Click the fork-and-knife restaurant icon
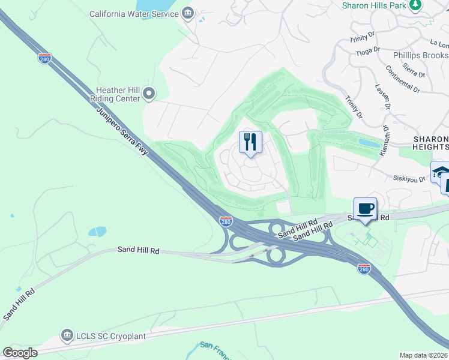pos(250,142)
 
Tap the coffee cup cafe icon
pos(365,209)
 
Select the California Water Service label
pos(133,13)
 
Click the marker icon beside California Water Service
pos(188,13)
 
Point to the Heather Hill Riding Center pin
pos(149,94)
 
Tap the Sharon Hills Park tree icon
pos(415,5)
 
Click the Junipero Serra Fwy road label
pos(123,130)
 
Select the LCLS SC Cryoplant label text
pos(111,336)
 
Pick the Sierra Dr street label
pos(414,68)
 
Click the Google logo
pos(20,353)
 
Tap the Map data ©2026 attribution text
pos(423,355)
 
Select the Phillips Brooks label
pos(420,55)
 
